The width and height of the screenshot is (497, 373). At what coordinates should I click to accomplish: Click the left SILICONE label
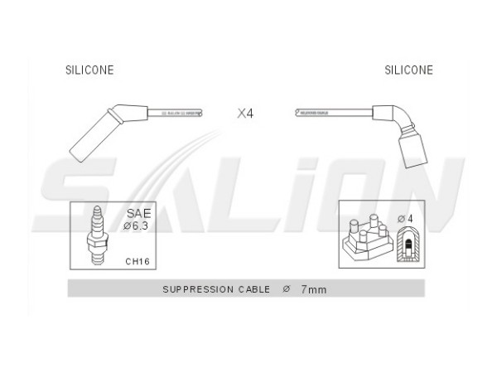[89, 70]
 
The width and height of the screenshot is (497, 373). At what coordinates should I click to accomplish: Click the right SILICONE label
[408, 70]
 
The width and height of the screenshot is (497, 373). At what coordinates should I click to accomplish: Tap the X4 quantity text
[245, 114]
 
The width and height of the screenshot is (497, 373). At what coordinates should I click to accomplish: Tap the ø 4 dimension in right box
[406, 218]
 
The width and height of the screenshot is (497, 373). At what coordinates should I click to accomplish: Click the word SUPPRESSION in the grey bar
[195, 289]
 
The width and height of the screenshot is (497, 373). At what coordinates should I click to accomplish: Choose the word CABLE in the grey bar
[253, 289]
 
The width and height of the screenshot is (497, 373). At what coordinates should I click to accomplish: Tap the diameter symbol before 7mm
[287, 289]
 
